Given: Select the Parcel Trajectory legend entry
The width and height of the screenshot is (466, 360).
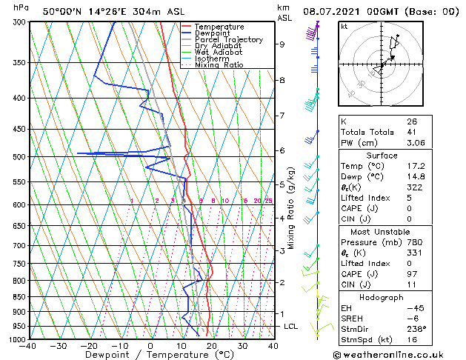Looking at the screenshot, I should tap(227, 40).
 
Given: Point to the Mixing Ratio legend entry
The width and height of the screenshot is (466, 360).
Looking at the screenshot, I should tap(219, 65).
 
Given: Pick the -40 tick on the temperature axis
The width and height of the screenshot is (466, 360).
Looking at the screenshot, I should tap(29, 346).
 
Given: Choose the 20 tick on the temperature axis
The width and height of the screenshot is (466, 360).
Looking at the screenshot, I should tap(212, 346).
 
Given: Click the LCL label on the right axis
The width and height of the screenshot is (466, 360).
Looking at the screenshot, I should tap(290, 327).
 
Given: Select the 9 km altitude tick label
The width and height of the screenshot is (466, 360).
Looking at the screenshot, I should tap(282, 44).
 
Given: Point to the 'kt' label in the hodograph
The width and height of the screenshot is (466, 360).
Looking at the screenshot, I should tap(344, 26).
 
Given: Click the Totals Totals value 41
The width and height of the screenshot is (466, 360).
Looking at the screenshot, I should tap(411, 132).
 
